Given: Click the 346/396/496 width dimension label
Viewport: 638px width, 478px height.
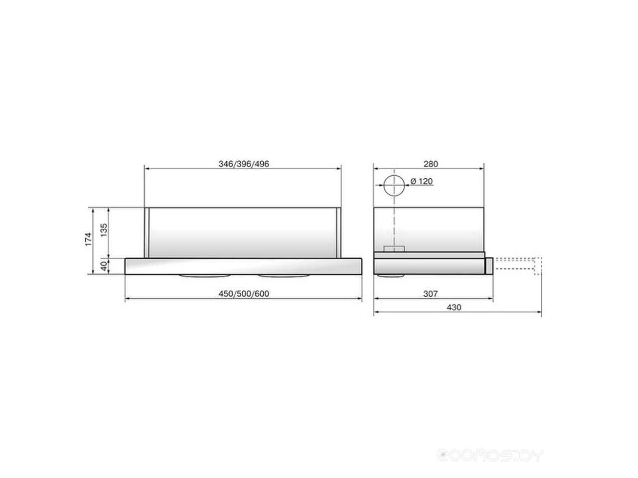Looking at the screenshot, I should (x=243, y=164).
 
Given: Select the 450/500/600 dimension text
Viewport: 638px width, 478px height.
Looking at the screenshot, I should (x=243, y=294).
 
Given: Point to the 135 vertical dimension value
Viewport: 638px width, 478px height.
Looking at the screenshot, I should (x=104, y=232).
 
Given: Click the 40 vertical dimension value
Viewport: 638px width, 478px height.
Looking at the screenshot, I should (x=104, y=266).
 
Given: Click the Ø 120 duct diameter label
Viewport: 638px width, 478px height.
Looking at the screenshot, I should (x=422, y=182).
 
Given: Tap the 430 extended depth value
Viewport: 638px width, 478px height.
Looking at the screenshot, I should (x=454, y=308).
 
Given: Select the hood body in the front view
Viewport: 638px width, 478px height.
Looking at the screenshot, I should (x=243, y=232).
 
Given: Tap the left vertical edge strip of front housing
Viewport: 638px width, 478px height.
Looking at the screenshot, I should (x=147, y=232).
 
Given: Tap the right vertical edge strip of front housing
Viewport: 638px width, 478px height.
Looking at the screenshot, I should (x=339, y=232).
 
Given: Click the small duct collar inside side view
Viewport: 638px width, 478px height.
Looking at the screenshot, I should (x=394, y=248).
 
